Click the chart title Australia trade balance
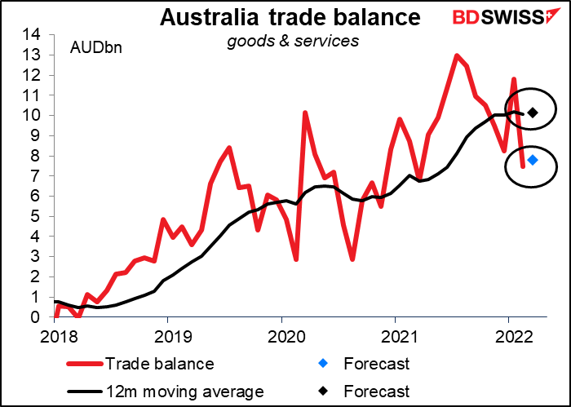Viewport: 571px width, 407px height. [x=291, y=16]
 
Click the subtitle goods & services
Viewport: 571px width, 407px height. [x=291, y=40]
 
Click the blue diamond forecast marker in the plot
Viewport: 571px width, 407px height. [x=532, y=160]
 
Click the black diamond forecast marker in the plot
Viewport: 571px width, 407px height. [x=532, y=113]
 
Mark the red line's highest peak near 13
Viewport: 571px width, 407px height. [x=457, y=55]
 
